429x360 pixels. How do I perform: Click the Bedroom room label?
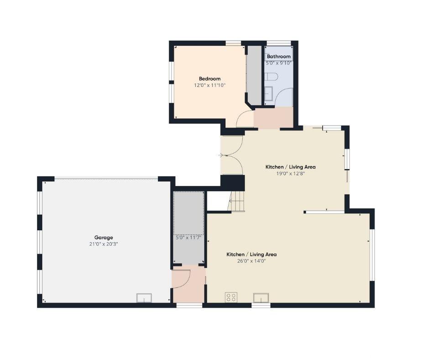209,79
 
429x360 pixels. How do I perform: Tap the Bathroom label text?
278,57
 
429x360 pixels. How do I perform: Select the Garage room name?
104,238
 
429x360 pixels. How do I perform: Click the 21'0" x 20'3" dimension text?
104,244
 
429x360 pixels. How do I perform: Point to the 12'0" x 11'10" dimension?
209,85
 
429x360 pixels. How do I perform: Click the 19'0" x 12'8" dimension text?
290,174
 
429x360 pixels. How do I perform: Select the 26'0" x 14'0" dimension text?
251,261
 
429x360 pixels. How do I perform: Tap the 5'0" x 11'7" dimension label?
188,238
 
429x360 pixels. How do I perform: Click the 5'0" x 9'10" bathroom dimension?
278,63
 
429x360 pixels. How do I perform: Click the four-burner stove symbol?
231,297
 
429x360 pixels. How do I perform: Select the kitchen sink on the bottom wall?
261,298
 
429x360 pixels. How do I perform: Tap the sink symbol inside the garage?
144,298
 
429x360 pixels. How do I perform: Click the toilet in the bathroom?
272,76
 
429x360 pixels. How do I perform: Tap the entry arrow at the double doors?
221,155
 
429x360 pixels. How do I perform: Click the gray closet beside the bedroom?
255,75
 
